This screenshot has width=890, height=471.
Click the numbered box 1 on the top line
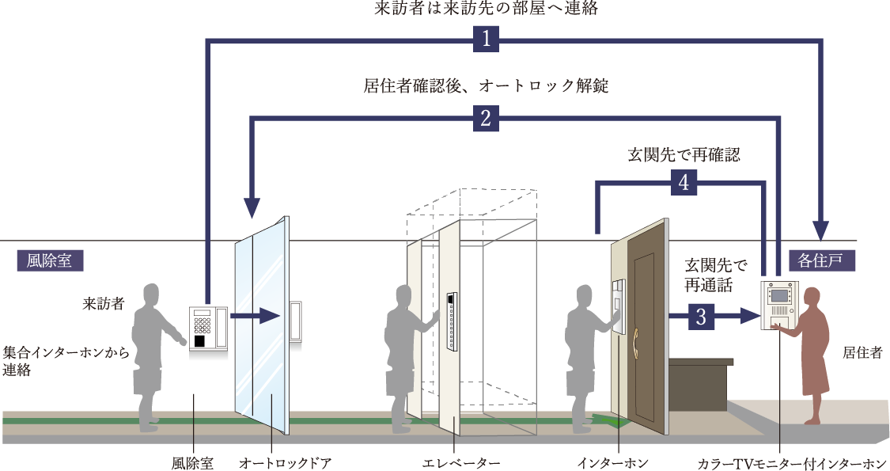(x=486, y=40)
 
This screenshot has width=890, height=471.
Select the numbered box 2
(x=486, y=118)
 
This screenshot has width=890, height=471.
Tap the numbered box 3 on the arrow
(x=701, y=316)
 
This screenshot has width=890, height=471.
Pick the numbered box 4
(x=684, y=182)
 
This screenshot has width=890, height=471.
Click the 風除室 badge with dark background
(x=50, y=260)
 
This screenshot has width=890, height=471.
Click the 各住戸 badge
(x=821, y=260)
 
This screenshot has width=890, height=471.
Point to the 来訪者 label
(x=104, y=304)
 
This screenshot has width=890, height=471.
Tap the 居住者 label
(x=863, y=353)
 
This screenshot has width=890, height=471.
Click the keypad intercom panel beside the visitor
(x=208, y=330)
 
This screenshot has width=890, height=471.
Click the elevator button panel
(x=452, y=320)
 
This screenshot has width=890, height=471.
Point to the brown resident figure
(x=809, y=356)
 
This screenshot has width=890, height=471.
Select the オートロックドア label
(x=285, y=463)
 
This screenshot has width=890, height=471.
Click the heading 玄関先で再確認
(x=684, y=154)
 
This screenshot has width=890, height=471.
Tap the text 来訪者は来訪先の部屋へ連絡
(x=486, y=9)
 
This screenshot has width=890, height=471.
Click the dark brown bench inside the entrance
(x=700, y=384)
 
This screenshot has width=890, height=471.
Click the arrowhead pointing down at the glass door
(x=252, y=208)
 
